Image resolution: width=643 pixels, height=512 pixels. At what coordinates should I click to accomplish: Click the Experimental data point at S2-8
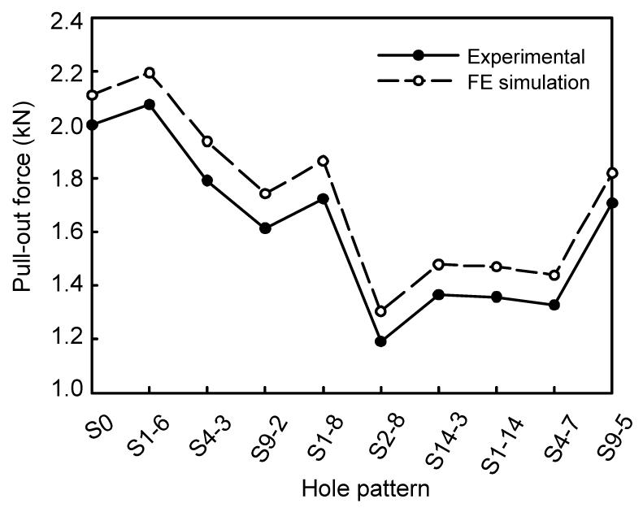tap(380, 341)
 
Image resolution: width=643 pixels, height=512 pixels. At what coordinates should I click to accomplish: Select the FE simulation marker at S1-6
tap(150, 73)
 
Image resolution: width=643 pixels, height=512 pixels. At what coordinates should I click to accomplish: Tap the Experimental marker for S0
tap(92, 124)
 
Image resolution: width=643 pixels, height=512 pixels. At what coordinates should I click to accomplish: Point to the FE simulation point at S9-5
tap(612, 173)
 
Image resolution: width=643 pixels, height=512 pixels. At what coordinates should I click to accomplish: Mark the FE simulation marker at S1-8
tap(324, 161)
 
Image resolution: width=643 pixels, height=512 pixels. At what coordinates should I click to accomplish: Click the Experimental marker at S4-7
tap(554, 305)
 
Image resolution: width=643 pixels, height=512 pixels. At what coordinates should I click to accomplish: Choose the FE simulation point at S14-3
tap(439, 264)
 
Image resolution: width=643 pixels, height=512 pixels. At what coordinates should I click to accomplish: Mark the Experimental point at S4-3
tap(207, 180)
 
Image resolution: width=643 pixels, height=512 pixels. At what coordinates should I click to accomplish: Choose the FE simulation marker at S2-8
tap(380, 311)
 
